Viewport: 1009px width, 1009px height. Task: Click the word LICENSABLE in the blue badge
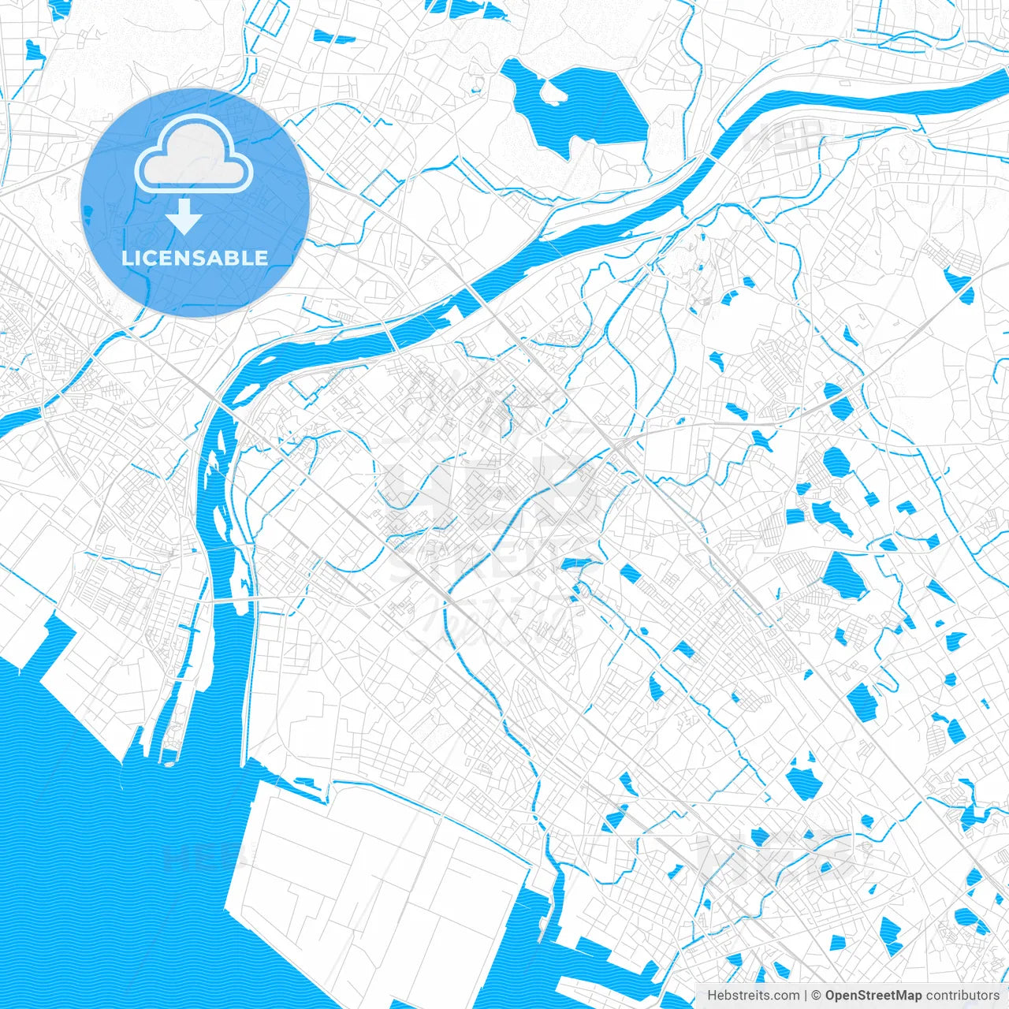tap(194, 258)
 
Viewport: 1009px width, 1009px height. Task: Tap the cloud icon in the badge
tap(193, 156)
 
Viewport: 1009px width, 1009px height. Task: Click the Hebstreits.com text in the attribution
tap(753, 995)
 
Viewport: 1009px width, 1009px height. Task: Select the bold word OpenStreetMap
tap(873, 995)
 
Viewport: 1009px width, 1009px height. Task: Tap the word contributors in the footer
tap(962, 995)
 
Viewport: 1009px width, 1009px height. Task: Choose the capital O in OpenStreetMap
tap(831, 995)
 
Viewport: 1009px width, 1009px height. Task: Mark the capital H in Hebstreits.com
tap(712, 995)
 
